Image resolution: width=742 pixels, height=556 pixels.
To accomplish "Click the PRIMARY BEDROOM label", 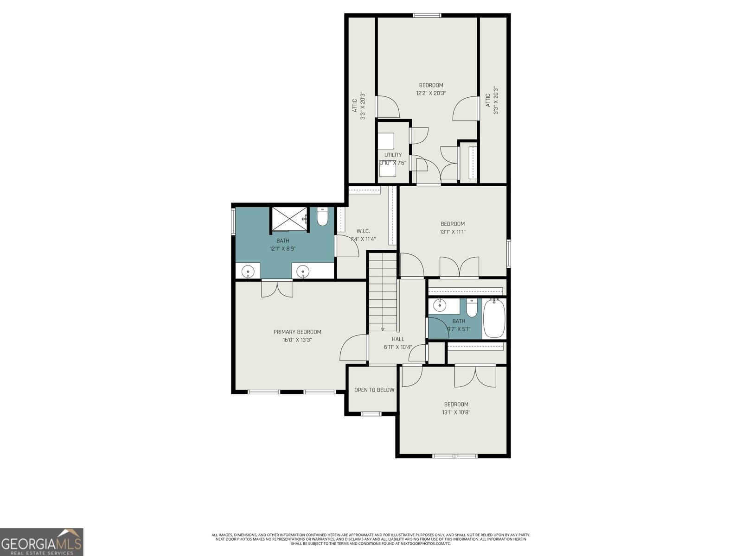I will (297, 332).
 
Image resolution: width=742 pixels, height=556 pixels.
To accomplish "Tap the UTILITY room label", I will (393, 155).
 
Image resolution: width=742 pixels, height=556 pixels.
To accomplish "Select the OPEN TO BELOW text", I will (374, 390).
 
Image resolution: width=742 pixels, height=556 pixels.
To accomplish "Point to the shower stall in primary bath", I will (288, 219).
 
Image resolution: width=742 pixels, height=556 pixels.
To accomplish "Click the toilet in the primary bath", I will (322, 217).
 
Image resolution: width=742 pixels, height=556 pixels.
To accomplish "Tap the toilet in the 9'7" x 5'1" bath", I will (472, 309).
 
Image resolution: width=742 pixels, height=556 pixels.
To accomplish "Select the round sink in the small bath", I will (439, 306).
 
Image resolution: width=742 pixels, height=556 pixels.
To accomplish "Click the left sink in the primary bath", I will (249, 271).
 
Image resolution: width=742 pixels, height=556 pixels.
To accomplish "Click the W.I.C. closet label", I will (363, 231).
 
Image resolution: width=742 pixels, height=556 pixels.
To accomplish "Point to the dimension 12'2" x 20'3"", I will (431, 93).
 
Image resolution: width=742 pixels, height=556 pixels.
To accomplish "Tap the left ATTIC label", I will (354, 105).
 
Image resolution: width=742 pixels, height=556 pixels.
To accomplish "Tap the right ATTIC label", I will (487, 101).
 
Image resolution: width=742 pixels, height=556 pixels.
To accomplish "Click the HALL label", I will (397, 339).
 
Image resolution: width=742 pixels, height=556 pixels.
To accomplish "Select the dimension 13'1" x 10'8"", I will (456, 412).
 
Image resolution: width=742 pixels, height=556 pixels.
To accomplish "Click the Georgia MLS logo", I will (41, 542).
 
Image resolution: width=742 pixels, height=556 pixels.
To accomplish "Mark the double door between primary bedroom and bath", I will (277, 288).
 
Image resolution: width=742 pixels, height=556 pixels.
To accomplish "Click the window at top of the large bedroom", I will (427, 15).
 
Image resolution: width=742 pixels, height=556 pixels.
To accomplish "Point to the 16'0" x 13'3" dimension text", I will (297, 340).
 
